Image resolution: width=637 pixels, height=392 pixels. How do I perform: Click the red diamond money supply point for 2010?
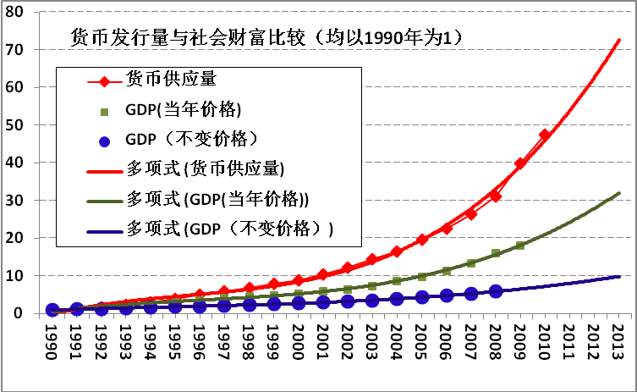click(545, 135)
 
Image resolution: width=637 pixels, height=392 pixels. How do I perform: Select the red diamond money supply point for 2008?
click(496, 196)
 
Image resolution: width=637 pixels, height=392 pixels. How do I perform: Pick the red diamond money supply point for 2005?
click(421, 240)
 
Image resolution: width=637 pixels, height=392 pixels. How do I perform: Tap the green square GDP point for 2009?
click(520, 246)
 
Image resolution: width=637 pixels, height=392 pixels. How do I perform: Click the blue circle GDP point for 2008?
click(496, 291)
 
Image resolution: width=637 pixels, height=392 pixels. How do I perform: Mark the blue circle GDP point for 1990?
click(52, 310)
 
